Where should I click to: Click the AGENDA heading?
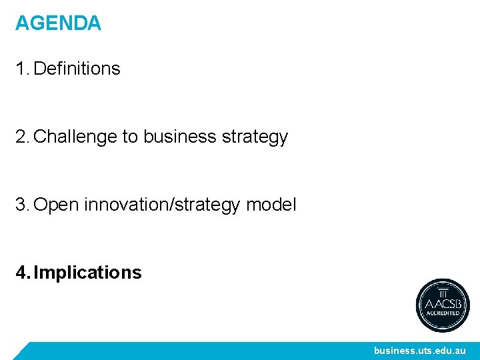(x=58, y=24)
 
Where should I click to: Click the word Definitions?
(x=77, y=69)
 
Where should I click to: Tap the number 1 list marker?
(x=21, y=69)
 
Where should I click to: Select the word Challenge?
(x=75, y=137)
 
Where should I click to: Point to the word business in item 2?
(x=180, y=137)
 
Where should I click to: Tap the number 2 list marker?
(x=22, y=137)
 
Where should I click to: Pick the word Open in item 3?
(x=56, y=205)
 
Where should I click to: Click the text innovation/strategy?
(x=163, y=205)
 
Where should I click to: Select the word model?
(x=271, y=205)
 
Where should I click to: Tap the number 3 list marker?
(x=22, y=205)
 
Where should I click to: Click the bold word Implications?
(x=87, y=273)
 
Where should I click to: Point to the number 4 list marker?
(x=22, y=273)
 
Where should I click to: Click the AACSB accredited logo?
(x=443, y=305)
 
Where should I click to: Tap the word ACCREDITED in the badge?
(x=443, y=313)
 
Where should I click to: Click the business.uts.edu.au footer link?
(x=419, y=351)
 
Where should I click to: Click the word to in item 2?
(x=129, y=137)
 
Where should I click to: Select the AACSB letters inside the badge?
(x=443, y=303)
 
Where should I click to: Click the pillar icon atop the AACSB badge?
(x=443, y=291)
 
